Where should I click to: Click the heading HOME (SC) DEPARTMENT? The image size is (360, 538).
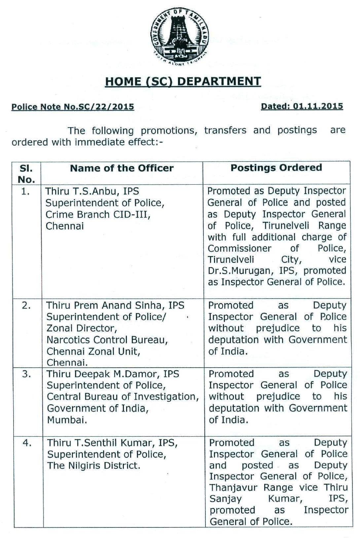183,82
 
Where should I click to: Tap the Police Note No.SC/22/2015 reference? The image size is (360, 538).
73,107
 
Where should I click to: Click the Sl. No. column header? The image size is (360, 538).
26,174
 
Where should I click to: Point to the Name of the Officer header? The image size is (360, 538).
122,168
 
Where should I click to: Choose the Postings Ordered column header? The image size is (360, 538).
276,167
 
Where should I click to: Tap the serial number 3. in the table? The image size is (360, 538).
26,374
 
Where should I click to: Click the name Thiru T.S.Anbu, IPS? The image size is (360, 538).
92,191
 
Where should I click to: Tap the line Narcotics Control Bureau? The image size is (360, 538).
107,340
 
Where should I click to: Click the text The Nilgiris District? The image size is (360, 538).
93,466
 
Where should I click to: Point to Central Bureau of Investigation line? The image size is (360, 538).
123,397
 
